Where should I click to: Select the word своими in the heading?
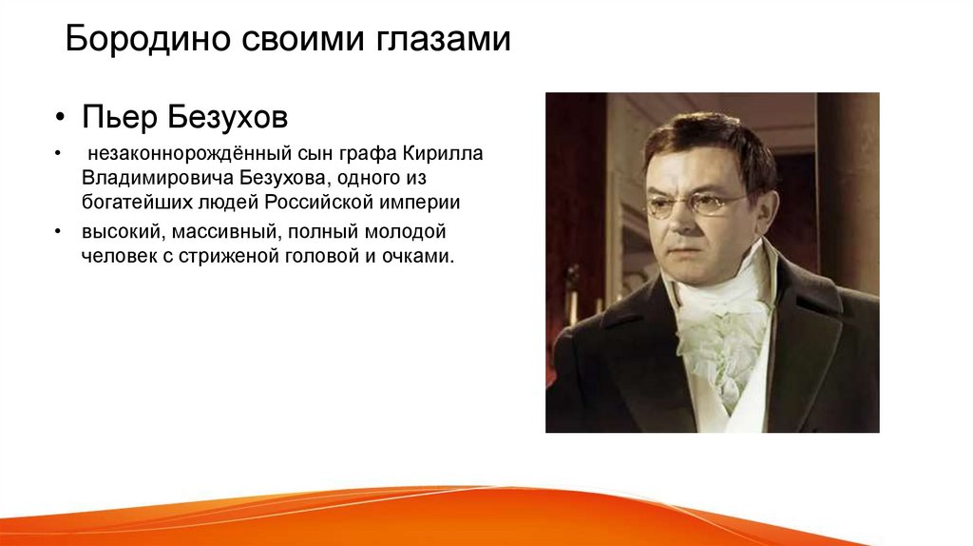303,39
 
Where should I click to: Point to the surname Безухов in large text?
228,117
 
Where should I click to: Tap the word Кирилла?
443,153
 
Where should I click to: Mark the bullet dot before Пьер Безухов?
59,117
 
